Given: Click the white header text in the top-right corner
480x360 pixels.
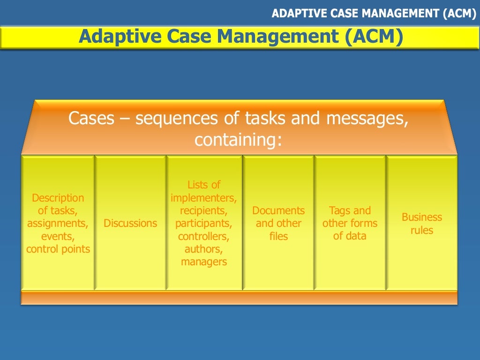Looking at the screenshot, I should click(x=374, y=14).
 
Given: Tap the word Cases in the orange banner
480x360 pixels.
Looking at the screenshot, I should click(x=91, y=119).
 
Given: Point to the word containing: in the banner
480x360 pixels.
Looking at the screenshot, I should click(x=239, y=140).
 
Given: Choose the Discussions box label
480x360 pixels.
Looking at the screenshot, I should click(x=130, y=223).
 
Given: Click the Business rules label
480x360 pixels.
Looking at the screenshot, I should click(x=421, y=224).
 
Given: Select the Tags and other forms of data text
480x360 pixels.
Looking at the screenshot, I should click(x=350, y=223).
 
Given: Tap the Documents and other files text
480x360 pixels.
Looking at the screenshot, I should click(x=278, y=223).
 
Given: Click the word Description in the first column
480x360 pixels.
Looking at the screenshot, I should click(x=58, y=198).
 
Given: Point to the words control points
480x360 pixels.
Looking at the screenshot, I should click(x=58, y=249).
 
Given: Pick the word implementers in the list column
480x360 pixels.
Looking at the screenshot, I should click(x=203, y=198).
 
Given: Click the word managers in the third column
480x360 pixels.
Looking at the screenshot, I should click(x=204, y=262).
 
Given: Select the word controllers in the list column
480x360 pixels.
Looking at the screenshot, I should click(x=203, y=236).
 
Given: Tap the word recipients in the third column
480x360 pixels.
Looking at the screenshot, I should click(x=203, y=210).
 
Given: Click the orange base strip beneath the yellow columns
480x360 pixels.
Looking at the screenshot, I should click(x=239, y=298).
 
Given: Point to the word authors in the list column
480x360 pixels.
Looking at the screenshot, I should click(x=203, y=249).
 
